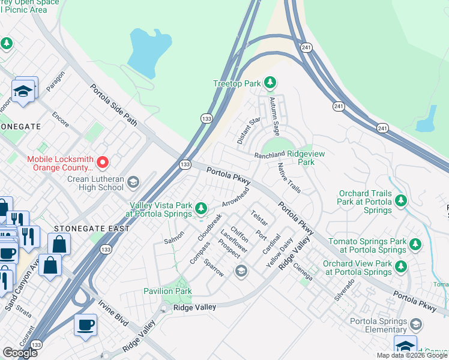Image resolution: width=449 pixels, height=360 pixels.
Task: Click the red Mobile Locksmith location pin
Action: coord(102,162)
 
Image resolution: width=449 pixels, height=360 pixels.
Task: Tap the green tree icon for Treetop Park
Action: coord(271,82)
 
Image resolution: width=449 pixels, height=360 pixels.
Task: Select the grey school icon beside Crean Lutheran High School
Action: coord(133,182)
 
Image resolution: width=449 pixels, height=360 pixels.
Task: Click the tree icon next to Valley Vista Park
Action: coord(202,208)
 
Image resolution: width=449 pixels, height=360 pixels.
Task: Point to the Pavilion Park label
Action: coord(167,291)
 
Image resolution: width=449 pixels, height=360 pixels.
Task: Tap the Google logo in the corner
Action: coord(20,353)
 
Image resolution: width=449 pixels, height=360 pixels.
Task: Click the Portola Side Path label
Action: coord(114,105)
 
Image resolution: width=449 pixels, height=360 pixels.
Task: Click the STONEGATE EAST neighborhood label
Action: coord(91,229)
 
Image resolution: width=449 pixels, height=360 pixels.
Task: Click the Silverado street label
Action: coord(345,290)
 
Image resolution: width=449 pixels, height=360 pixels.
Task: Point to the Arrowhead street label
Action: coord(235,198)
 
